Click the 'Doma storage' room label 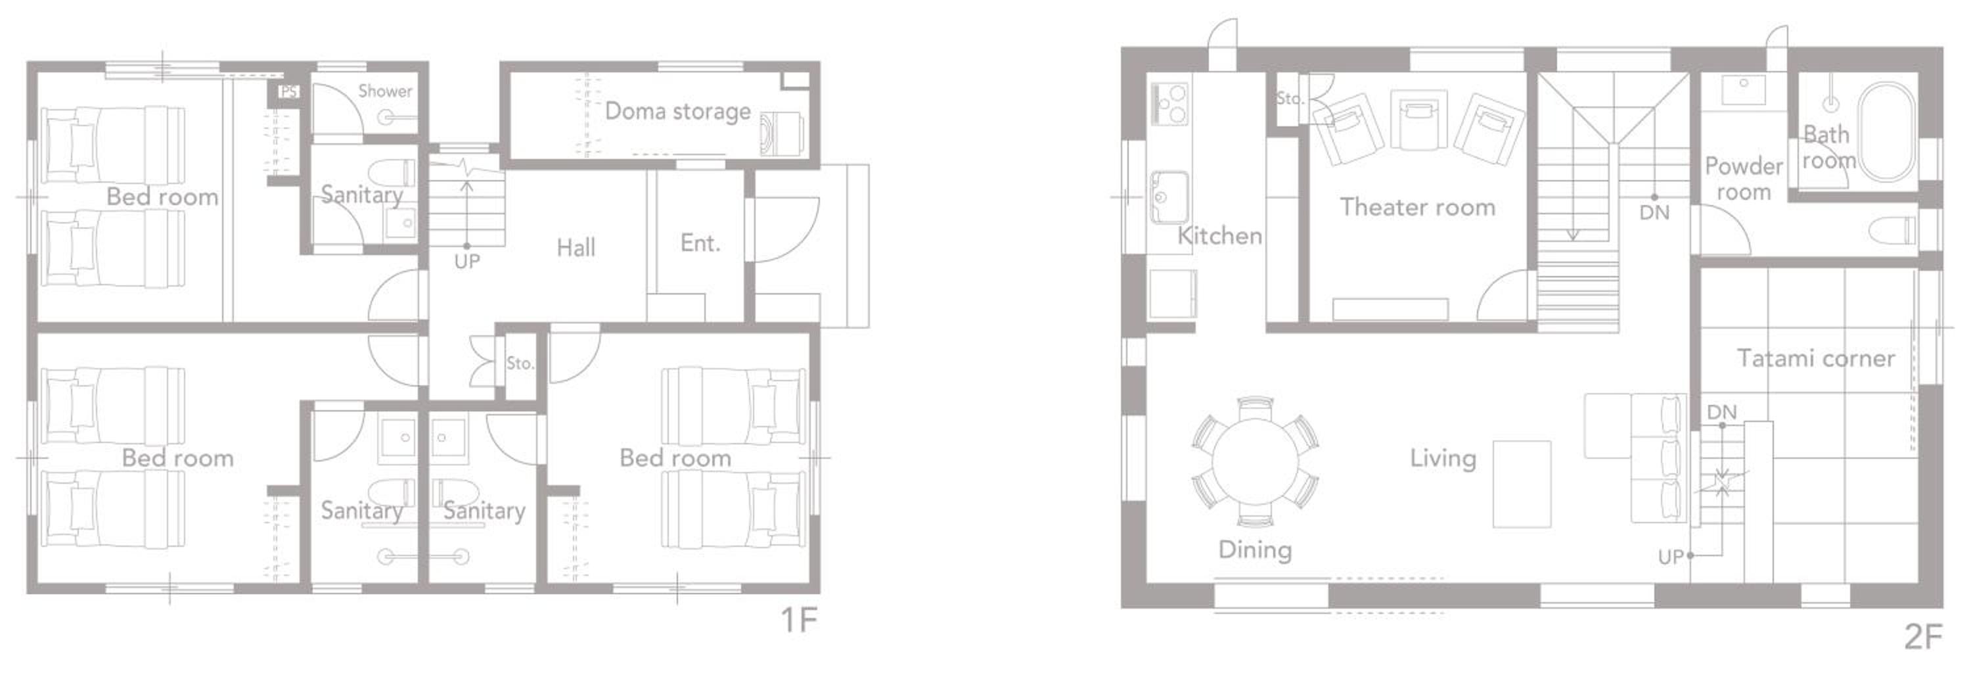[x=678, y=112]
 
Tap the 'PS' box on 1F [x=288, y=92]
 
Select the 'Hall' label [x=576, y=247]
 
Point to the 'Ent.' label [x=700, y=243]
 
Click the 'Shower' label [x=385, y=91]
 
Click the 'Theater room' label [x=1417, y=207]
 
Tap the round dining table [x=1255, y=461]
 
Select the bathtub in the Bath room [x=1887, y=132]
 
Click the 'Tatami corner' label [x=1816, y=358]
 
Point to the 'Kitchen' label [x=1219, y=236]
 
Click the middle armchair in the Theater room [x=1418, y=120]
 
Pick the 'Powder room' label [x=1744, y=179]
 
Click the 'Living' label [x=1443, y=458]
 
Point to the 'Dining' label [x=1255, y=550]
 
